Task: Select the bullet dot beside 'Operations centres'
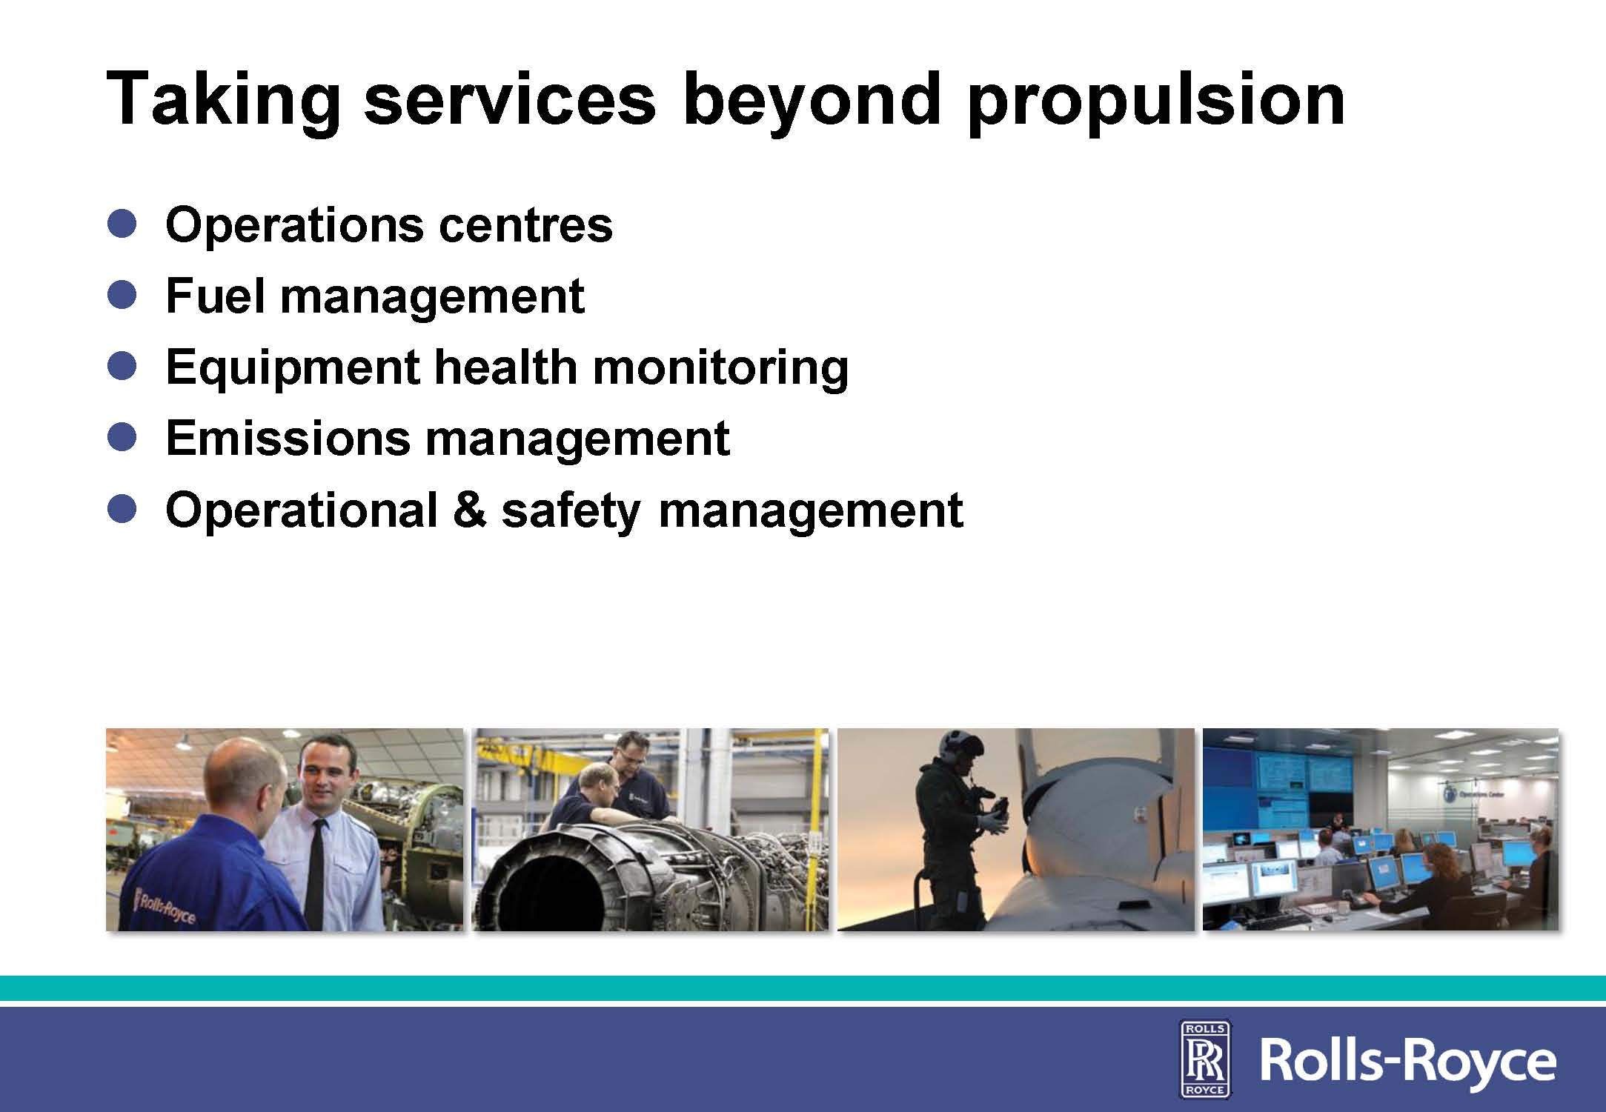(x=122, y=223)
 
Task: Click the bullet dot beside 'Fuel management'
(x=122, y=294)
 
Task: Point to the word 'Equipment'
(x=293, y=368)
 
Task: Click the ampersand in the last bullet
(x=469, y=510)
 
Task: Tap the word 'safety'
(x=571, y=512)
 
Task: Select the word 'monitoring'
(x=720, y=368)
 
